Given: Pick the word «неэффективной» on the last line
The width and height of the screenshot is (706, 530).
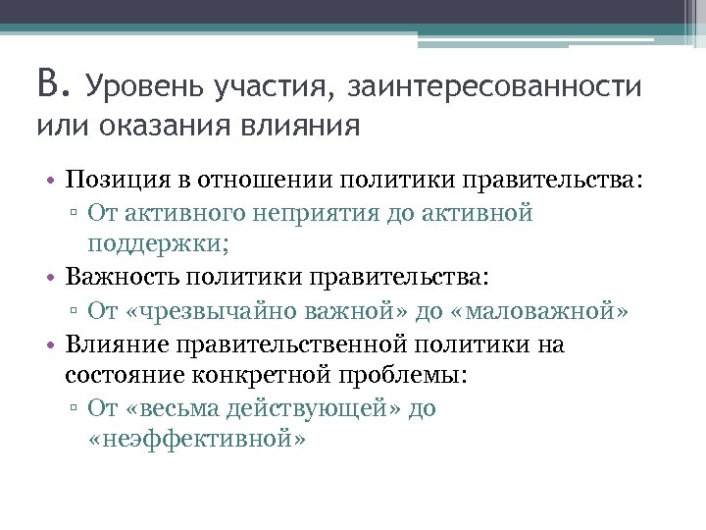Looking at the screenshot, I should tap(197, 439).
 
